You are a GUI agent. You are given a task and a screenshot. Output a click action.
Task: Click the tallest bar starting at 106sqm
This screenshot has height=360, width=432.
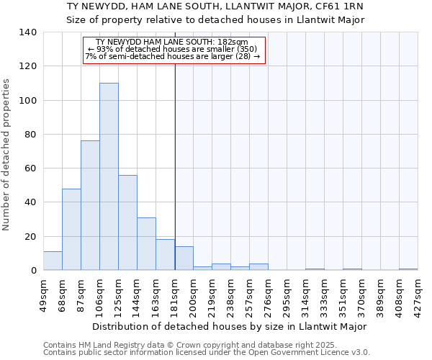click(x=109, y=176)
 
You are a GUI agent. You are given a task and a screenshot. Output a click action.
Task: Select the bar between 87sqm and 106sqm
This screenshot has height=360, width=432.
click(x=90, y=205)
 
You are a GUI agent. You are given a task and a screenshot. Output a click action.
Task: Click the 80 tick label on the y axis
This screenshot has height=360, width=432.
click(x=30, y=135)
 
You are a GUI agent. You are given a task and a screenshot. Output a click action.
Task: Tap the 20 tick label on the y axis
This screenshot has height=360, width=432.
click(x=30, y=237)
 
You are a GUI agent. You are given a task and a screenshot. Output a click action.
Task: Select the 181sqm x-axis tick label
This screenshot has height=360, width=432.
click(x=175, y=294)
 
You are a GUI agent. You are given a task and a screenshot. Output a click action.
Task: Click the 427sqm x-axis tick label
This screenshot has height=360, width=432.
click(x=418, y=294)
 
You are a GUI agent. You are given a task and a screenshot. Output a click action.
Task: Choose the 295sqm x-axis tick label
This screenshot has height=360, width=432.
click(x=287, y=294)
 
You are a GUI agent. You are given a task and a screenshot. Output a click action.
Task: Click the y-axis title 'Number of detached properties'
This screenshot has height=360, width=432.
click(x=6, y=155)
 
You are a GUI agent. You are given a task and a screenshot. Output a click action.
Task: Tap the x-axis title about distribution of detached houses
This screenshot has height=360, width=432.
click(x=230, y=326)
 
